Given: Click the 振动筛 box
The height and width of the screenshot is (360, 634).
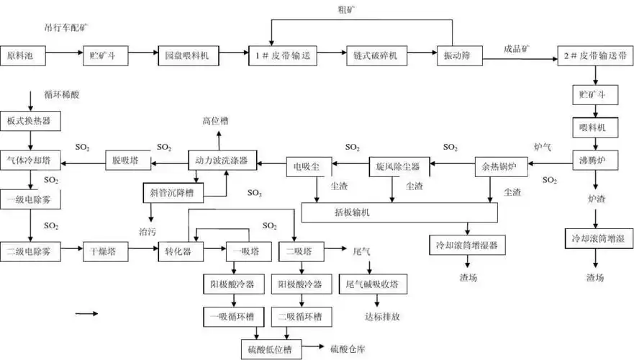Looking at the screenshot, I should (453, 55).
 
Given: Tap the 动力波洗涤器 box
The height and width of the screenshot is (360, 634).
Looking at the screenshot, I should (222, 161).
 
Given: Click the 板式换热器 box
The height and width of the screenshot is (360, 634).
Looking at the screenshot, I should (30, 120).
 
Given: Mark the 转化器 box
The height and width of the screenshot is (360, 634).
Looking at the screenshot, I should (178, 252).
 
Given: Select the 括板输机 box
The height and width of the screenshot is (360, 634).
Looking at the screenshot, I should (399, 213).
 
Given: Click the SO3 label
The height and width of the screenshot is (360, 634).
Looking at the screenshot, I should (255, 194).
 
